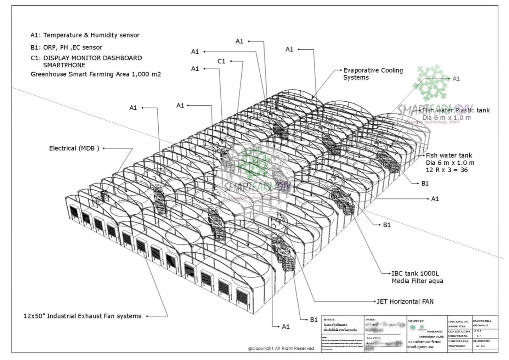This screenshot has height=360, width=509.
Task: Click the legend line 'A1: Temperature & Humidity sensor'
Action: pyautogui.click(x=85, y=35)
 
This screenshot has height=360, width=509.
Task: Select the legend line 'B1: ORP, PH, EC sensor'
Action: pyautogui.click(x=66, y=47)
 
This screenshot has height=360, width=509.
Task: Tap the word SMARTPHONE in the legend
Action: pyautogui.click(x=64, y=65)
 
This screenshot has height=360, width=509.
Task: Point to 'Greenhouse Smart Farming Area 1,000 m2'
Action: pyautogui.click(x=96, y=74)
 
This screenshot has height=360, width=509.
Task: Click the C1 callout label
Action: pyautogui.click(x=221, y=61)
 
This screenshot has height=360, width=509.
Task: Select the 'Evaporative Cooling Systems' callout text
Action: pyautogui.click(x=373, y=74)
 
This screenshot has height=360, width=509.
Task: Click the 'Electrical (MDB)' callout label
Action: pyautogui.click(x=74, y=148)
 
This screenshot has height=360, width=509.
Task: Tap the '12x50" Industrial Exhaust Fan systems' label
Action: pyautogui.click(x=83, y=316)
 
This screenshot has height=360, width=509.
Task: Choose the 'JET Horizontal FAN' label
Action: pyautogui.click(x=405, y=302)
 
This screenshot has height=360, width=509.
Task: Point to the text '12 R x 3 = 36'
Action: pyautogui.click(x=447, y=170)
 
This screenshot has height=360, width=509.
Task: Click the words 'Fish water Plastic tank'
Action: pyautogui.click(x=456, y=111)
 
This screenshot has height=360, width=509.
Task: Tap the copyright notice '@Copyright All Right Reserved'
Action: pyautogui.click(x=281, y=348)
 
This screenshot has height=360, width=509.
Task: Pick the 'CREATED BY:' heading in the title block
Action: pyautogui.click(x=416, y=321)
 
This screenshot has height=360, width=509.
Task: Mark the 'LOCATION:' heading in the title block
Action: pyautogui.click(x=374, y=338)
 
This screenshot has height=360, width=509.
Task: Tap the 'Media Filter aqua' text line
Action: pyautogui.click(x=417, y=281)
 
